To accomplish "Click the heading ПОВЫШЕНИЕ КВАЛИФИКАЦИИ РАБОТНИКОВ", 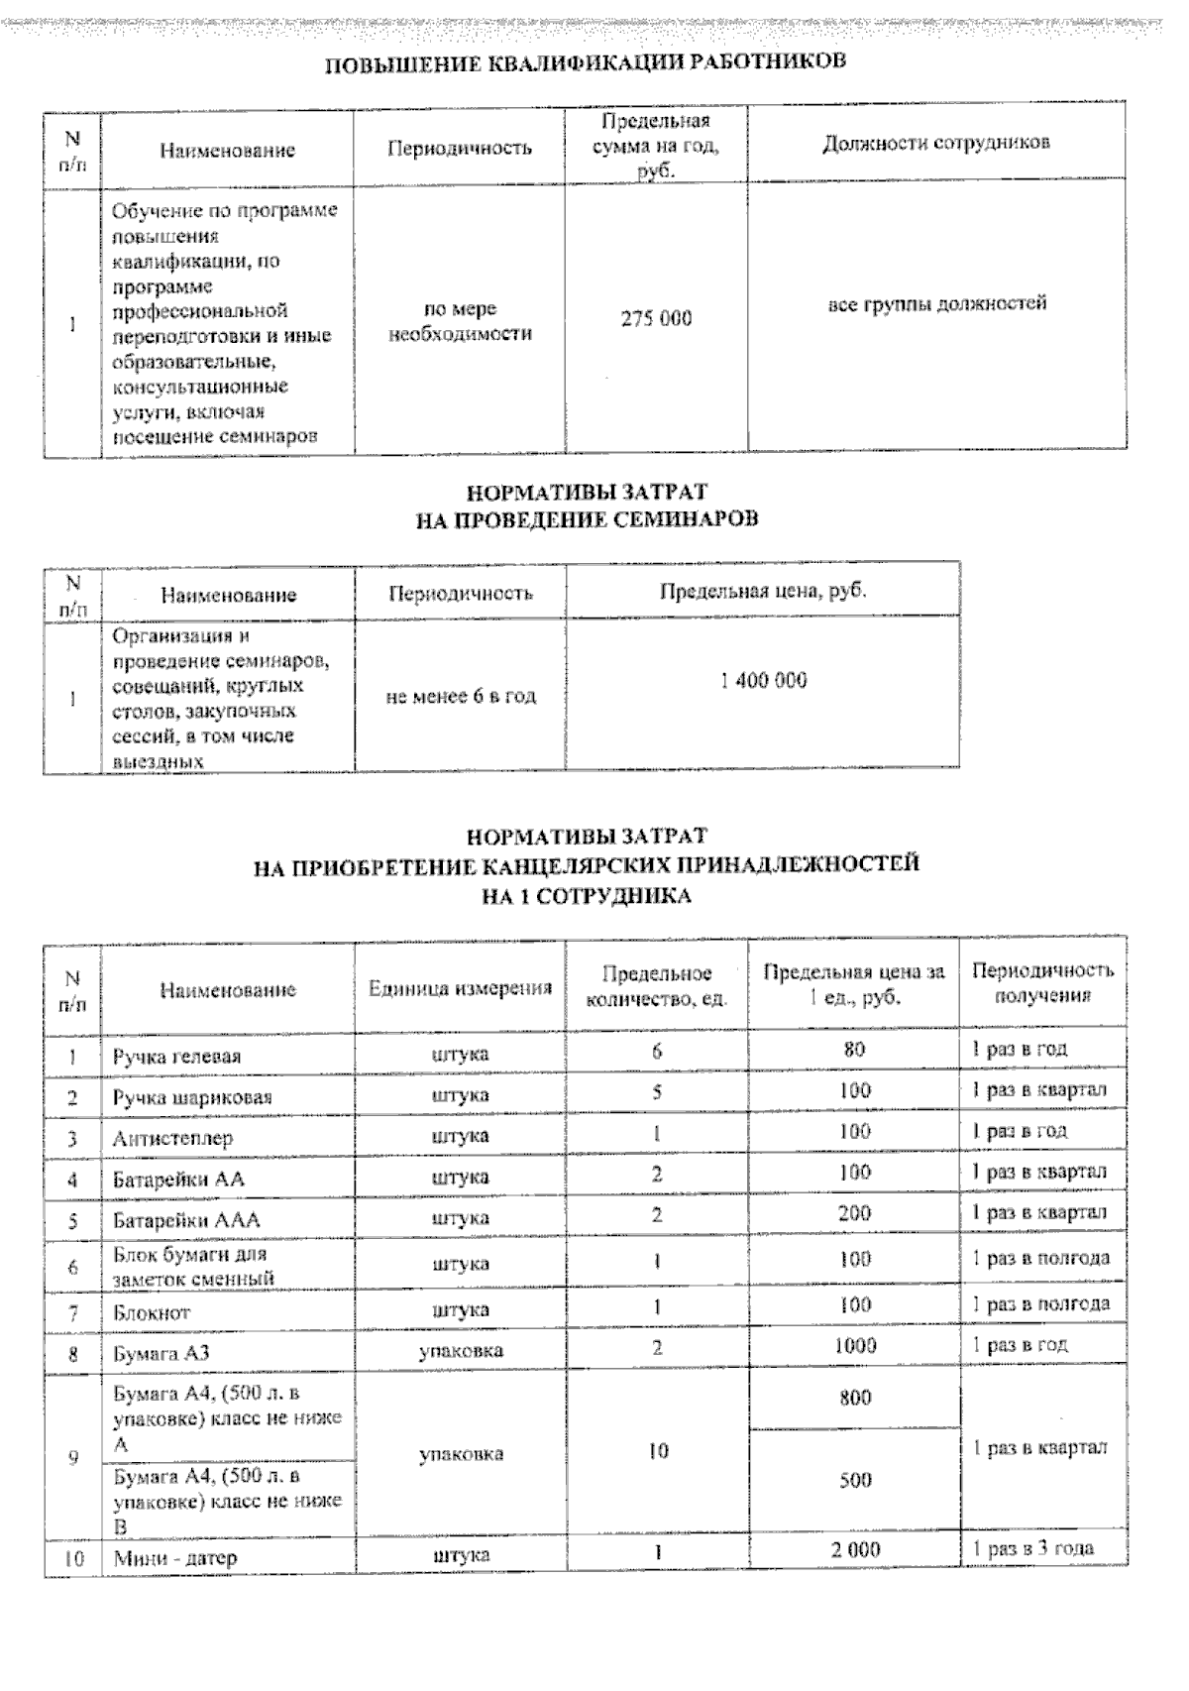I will (x=586, y=62).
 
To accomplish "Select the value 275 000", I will (x=656, y=319).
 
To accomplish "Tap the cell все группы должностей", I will (x=936, y=303).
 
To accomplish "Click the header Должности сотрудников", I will (x=936, y=143).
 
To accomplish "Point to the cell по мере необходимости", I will (x=460, y=321).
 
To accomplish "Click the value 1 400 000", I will (x=763, y=681).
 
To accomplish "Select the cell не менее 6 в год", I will (x=460, y=697).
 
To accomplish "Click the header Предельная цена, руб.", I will (x=763, y=592).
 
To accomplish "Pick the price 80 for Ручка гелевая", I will (x=854, y=1049).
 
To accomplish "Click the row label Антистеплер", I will (x=172, y=1138).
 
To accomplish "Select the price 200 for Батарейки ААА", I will (x=854, y=1212).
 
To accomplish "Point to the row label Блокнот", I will (x=152, y=1312).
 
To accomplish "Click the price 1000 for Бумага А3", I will (x=854, y=1345).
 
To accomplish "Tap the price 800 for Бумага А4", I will (x=854, y=1398).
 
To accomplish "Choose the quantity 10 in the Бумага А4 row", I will (x=657, y=1451).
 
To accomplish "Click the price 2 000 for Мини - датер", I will (x=854, y=1549).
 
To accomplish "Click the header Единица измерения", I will (x=460, y=988).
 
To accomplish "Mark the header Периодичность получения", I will (x=1042, y=982).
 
